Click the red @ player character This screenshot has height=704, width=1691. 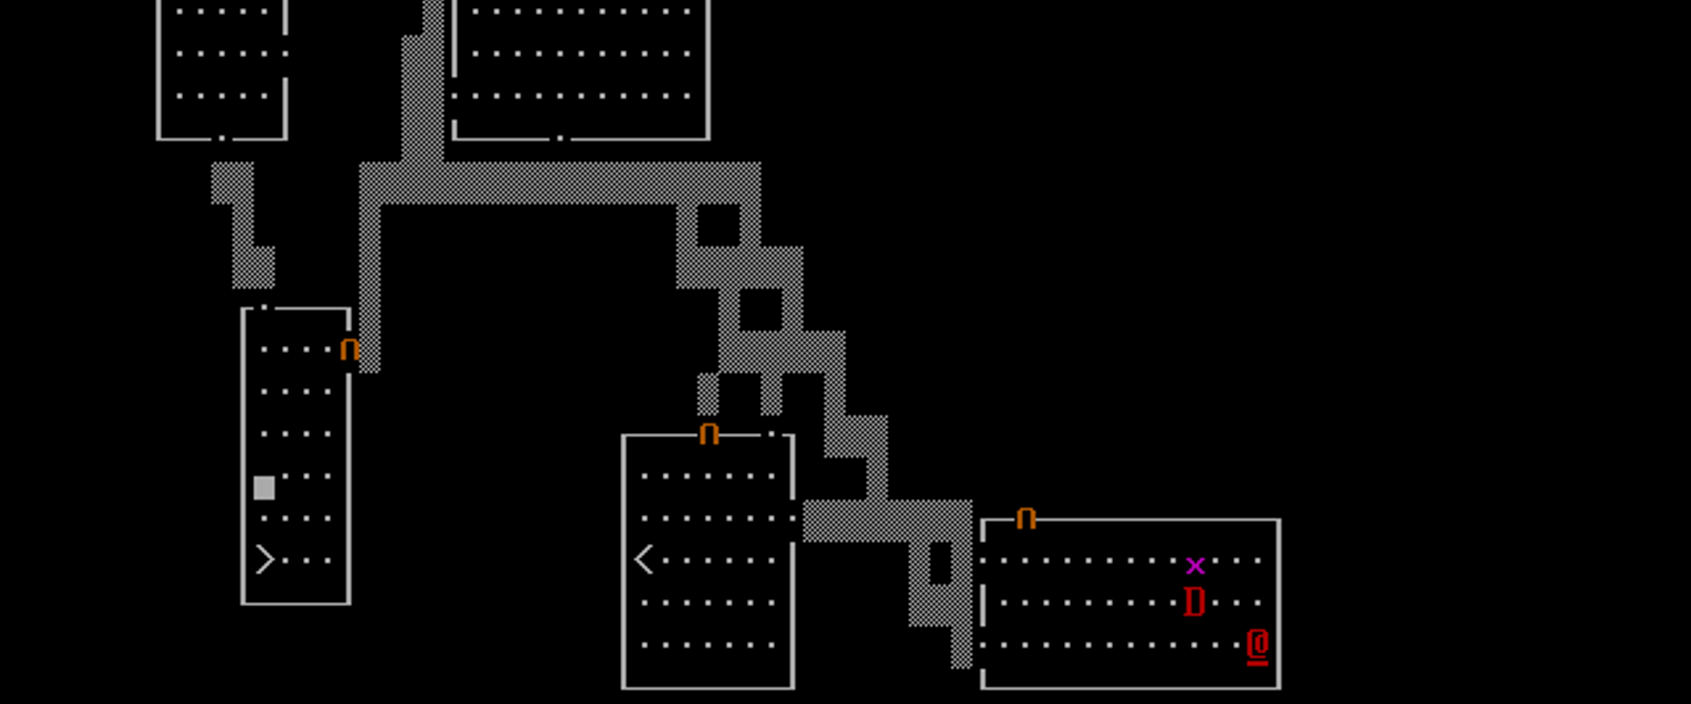tap(1258, 647)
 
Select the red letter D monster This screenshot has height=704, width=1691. tap(1194, 603)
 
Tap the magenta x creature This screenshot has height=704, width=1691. tap(1194, 565)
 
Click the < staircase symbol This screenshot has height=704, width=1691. tap(644, 560)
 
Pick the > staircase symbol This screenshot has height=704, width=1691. tap(264, 560)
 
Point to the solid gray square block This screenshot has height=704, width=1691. tap(264, 488)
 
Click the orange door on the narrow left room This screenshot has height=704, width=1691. tap(349, 350)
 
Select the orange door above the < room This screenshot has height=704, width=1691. tap(709, 434)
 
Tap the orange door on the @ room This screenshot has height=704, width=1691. tap(1025, 518)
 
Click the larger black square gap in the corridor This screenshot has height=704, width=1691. tap(719, 225)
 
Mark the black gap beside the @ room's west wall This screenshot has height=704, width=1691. tap(941, 562)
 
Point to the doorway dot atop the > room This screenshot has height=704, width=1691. tap(264, 307)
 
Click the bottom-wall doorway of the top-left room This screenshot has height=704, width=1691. tap(222, 138)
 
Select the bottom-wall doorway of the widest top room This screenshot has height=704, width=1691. tap(560, 138)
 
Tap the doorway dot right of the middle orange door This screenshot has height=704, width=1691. tap(772, 434)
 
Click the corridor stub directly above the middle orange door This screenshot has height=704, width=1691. tap(708, 393)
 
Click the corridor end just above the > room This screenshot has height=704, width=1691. tap(254, 268)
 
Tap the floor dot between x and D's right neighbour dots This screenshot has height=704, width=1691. tap(1215, 561)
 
